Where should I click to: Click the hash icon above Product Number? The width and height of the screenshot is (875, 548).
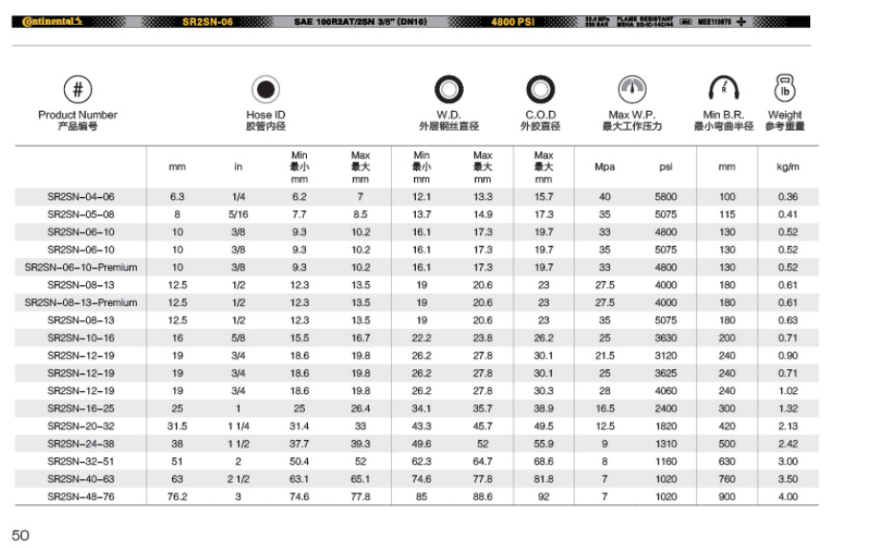77,90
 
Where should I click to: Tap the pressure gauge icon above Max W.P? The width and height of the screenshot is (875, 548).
631,90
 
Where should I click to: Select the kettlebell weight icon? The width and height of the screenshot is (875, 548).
785,88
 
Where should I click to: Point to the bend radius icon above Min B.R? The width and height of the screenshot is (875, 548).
723,90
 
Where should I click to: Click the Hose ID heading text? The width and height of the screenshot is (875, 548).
265,115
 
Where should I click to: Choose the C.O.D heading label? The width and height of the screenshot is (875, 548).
540,115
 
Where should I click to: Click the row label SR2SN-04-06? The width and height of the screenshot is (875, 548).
80,197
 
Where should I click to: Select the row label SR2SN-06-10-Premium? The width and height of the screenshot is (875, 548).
80,268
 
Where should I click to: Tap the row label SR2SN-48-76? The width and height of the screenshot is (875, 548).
80,496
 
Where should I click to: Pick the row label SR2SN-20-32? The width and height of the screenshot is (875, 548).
80,426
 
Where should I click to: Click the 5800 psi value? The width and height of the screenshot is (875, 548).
666,197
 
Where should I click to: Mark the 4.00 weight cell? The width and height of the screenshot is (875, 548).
787,496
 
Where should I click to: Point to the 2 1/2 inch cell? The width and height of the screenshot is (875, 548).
238,479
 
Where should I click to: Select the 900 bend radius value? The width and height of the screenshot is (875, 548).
727,496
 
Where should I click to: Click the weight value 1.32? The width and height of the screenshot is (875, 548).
787,408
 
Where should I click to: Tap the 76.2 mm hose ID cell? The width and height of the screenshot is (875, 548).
177,496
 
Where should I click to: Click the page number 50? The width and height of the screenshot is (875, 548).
20,535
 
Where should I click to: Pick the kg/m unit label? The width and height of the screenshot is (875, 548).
787,166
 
